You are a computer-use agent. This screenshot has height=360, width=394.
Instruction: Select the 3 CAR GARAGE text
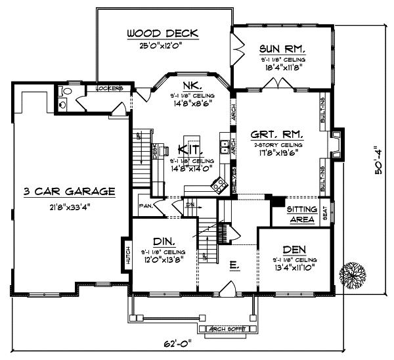tap(70, 192)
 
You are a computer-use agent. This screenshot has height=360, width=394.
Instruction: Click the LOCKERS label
tap(110, 88)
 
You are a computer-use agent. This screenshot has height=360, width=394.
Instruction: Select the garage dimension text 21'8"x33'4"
tap(70, 206)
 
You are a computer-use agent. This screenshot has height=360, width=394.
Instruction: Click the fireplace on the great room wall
tap(337, 143)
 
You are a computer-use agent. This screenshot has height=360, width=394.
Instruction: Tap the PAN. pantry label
tap(145, 206)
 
